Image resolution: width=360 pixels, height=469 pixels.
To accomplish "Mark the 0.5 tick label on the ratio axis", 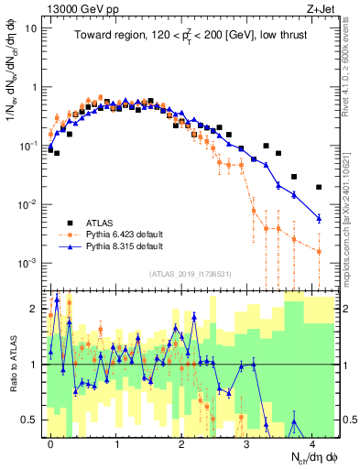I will coord(28,420).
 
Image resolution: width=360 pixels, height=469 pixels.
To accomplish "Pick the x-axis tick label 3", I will coord(247,442).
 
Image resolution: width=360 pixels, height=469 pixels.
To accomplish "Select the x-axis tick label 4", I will coord(312,442).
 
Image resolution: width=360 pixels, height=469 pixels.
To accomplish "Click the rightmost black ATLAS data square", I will coord(319,187).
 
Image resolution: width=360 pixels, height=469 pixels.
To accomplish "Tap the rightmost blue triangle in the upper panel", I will coord(319,217).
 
